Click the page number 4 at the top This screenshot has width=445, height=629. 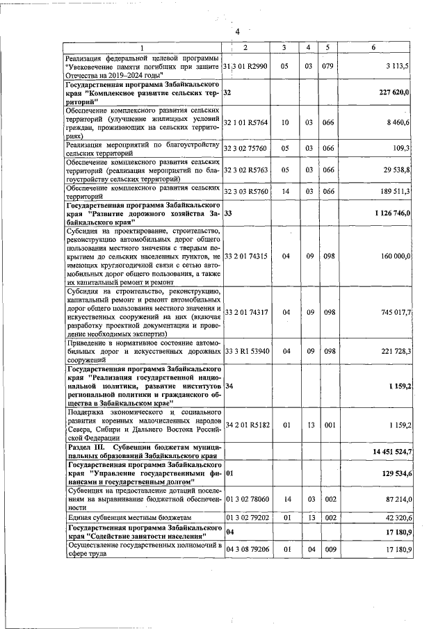pyautogui.click(x=237, y=32)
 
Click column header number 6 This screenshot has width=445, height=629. pyautogui.click(x=374, y=47)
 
